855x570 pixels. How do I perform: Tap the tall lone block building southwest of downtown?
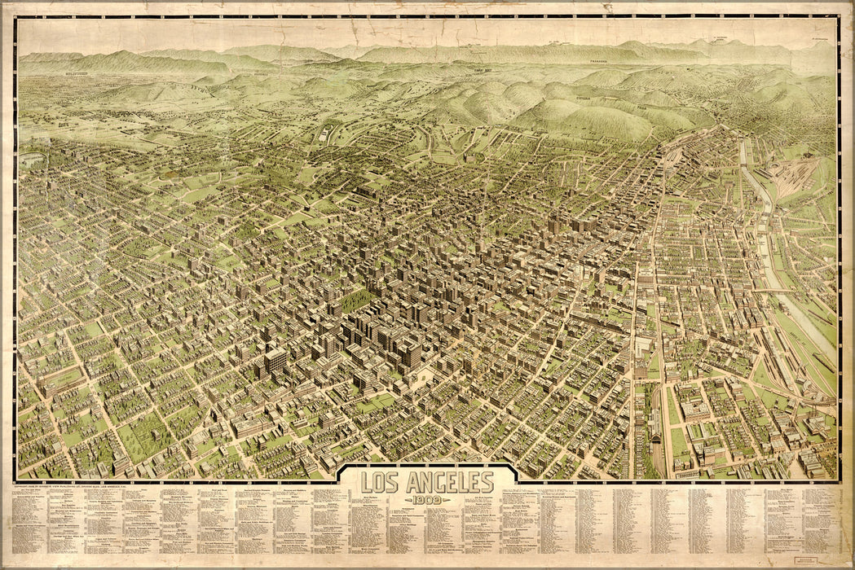[275, 361]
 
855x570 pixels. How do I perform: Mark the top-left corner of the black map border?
[15, 17]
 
